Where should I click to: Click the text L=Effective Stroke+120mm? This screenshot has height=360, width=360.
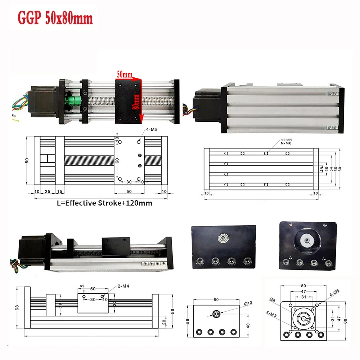click(105, 203)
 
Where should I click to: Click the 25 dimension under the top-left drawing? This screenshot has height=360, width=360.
click(48, 192)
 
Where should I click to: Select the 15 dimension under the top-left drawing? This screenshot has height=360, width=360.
click(60, 192)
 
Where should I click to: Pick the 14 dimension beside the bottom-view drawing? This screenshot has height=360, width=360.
click(321, 169)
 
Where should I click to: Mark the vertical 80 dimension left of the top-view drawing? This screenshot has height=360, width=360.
click(27, 161)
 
